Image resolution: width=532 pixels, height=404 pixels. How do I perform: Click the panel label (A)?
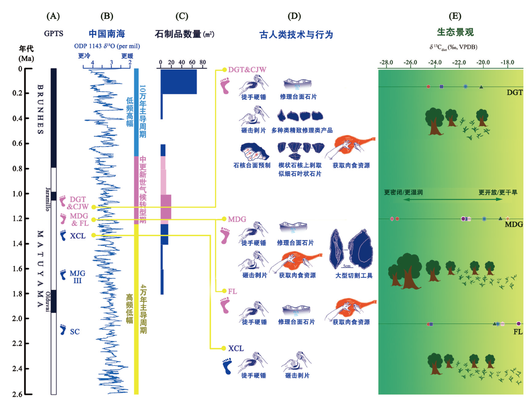tap(53, 16)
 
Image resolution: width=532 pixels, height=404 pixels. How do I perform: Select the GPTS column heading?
tap(54, 34)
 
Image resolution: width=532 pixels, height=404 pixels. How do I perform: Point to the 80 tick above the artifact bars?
tap(203, 63)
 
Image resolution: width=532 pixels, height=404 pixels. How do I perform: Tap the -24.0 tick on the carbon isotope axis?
tap(434, 63)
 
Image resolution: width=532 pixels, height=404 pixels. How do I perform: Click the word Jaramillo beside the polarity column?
tap(48, 199)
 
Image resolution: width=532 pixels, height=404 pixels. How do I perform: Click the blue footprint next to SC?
tap(63, 329)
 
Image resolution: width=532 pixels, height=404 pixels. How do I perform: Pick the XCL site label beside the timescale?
tap(77, 236)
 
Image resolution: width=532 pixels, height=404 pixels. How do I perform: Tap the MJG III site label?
tap(77, 277)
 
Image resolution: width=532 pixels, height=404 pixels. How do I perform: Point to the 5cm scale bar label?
tap(347, 266)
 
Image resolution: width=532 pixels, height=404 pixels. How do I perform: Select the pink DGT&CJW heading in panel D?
tap(247, 70)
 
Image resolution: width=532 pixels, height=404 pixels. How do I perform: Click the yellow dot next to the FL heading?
tap(224, 291)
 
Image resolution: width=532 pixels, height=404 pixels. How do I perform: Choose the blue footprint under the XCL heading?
tap(227, 366)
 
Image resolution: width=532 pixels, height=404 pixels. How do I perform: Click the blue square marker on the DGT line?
tap(442, 87)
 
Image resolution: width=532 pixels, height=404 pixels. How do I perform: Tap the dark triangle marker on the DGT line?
tap(481, 87)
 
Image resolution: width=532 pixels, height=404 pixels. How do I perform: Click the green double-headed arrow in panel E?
tap(452, 199)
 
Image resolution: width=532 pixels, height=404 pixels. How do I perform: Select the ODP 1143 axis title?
tap(107, 46)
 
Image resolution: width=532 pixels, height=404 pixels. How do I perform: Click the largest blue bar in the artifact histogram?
tap(179, 81)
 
